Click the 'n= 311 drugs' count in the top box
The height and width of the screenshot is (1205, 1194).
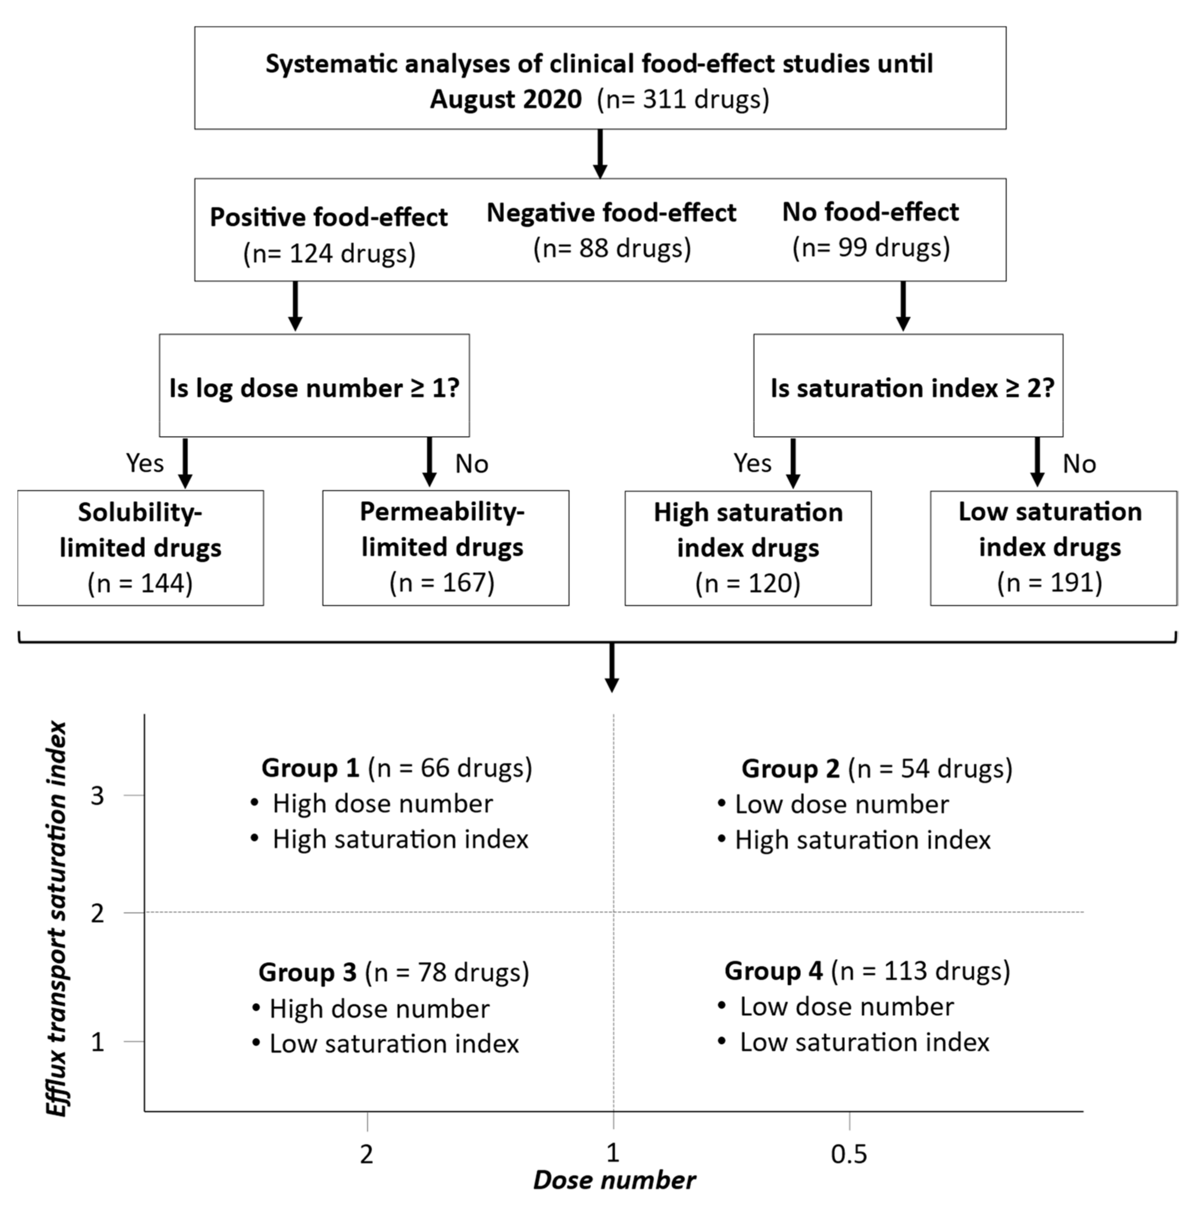pos(683,100)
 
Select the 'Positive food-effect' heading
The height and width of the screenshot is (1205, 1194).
pos(328,217)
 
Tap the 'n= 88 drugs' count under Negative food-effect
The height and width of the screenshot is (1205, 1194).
pos(612,248)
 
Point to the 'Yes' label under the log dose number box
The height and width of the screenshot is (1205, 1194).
pos(145,463)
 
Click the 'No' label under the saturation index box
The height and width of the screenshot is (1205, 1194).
pos(1079,464)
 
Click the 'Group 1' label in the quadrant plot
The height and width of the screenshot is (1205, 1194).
pos(310,768)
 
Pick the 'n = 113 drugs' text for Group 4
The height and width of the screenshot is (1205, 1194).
pos(920,971)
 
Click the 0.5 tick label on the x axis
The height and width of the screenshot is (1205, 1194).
pos(849,1155)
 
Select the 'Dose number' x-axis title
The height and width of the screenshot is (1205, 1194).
pos(614,1180)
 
